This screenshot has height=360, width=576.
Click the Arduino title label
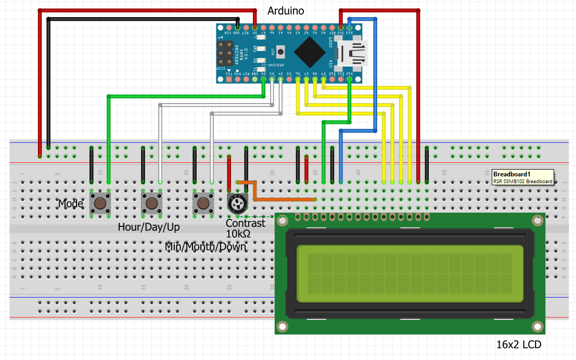285,11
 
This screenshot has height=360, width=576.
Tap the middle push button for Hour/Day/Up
151,202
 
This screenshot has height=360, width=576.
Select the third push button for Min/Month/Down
203,202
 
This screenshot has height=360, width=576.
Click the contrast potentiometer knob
237,203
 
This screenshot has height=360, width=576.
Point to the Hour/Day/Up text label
149,227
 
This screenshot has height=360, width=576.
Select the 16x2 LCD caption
519,344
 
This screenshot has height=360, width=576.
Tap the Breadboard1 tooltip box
522,177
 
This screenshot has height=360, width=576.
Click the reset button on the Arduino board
281,52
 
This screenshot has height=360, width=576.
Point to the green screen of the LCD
410,274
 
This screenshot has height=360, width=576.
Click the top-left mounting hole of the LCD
283,221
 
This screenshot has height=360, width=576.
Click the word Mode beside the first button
70,203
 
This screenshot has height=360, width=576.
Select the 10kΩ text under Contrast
238,234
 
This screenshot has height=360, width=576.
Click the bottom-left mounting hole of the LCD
283,326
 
